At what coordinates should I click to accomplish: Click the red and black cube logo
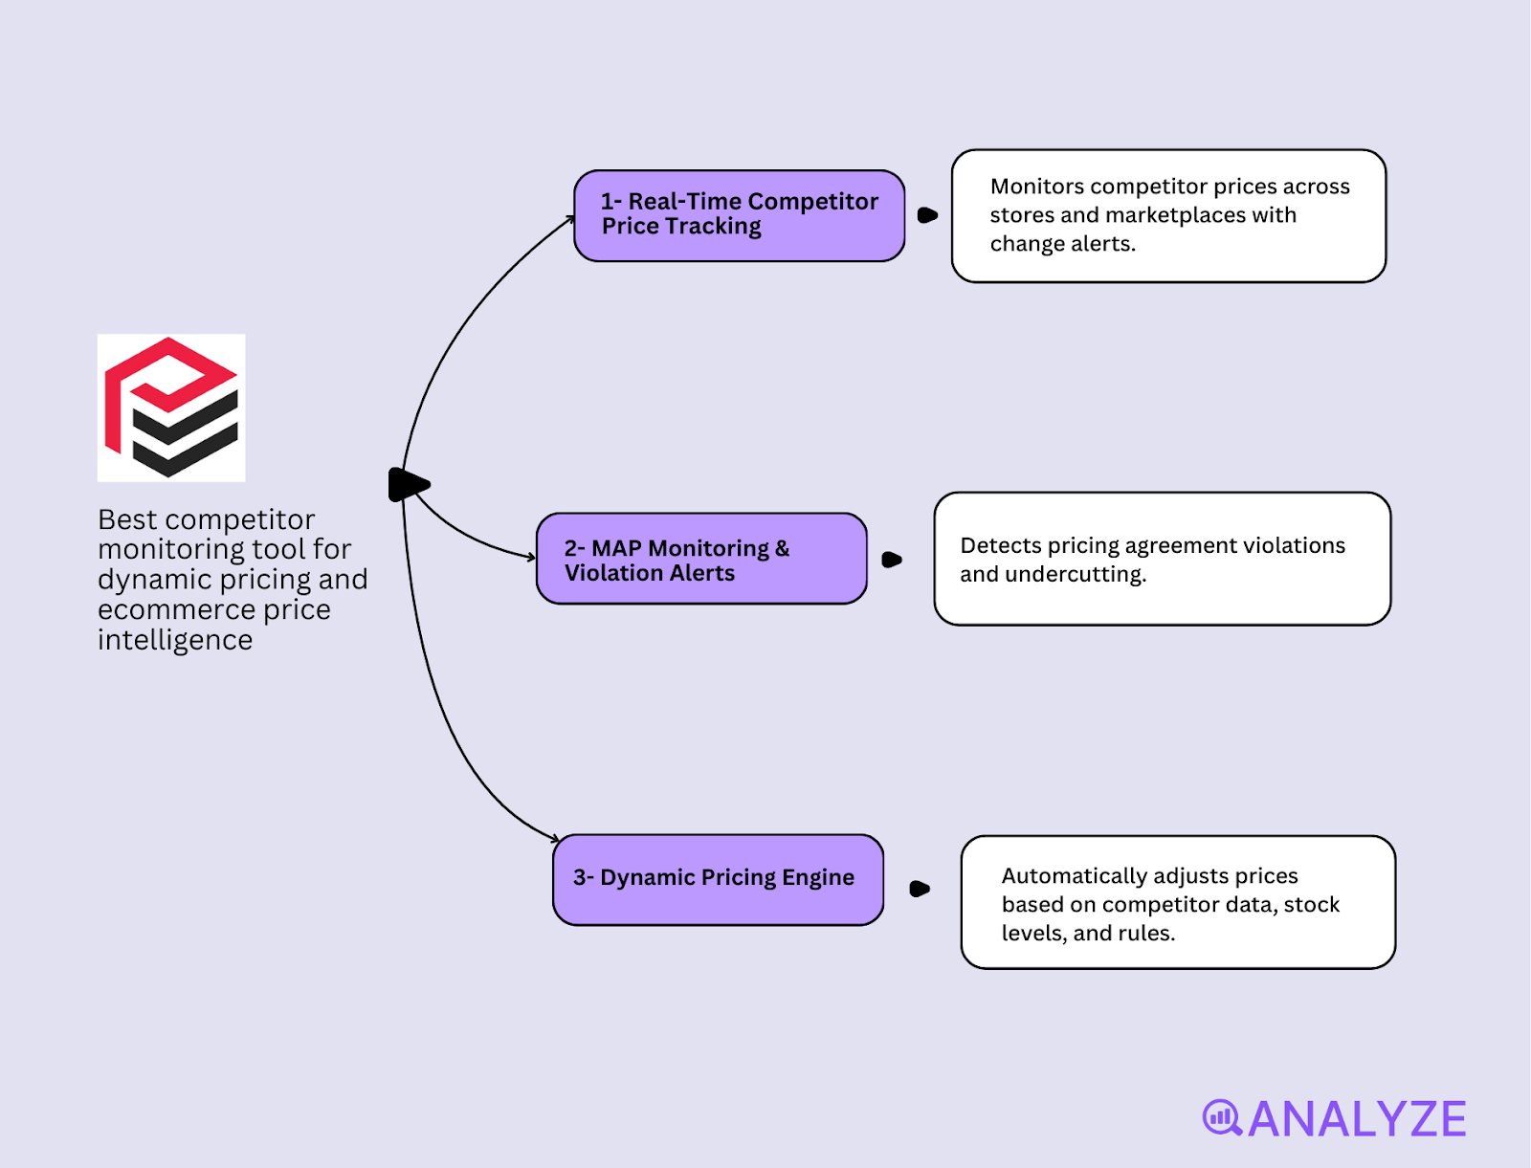171,408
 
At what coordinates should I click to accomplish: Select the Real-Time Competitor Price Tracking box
739,215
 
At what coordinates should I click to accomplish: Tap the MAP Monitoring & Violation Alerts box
701,559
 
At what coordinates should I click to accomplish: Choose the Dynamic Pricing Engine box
718,879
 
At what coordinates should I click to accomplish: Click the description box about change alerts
1168,216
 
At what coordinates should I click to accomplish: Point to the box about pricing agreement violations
1162,559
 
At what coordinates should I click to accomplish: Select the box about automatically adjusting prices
1178,902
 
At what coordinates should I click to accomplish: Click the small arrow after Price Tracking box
927,215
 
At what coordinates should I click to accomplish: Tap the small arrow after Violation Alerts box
892,560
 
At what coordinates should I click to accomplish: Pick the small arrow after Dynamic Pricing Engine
920,889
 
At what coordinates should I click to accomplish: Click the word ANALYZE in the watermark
1357,1119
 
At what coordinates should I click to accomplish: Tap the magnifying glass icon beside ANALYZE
1222,1117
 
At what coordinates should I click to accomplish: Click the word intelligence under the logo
175,640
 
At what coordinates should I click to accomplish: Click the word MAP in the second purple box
616,548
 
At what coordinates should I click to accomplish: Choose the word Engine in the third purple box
818,878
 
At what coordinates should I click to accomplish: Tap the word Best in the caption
127,519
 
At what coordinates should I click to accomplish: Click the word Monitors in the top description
1037,187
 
